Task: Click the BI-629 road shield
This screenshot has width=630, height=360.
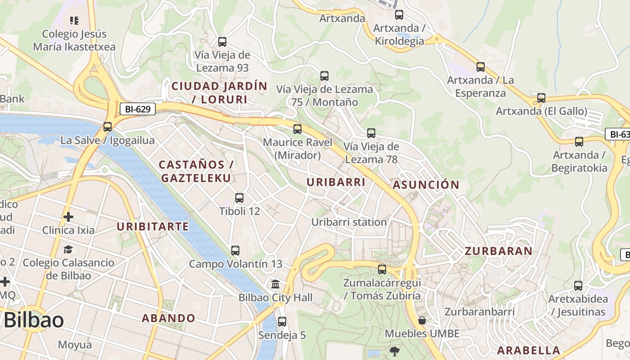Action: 138,108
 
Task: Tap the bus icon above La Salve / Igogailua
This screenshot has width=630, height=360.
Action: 107,127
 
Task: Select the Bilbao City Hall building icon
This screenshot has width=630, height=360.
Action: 275,284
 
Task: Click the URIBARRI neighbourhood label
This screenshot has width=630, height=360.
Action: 336,182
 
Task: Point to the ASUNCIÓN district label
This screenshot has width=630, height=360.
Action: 426,184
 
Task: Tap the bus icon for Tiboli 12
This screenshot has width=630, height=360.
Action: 239,198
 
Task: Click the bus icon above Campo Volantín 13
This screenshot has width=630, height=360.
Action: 235,251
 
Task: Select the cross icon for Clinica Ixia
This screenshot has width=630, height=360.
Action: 68,217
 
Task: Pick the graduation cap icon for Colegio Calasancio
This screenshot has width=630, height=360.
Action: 68,249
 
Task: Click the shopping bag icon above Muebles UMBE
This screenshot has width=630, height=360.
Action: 422,320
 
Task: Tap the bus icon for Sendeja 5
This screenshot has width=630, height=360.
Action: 282,322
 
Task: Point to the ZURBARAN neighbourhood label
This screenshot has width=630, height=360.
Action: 499,251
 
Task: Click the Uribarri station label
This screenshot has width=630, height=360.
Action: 349,222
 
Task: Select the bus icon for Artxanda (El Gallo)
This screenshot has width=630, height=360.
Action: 541,98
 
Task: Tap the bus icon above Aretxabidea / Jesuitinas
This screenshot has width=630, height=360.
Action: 578,286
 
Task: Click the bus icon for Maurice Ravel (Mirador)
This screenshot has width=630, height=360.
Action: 297,129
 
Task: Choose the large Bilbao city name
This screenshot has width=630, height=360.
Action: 33,320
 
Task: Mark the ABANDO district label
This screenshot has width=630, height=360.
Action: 169,318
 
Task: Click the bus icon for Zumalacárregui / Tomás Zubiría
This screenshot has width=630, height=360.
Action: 382,270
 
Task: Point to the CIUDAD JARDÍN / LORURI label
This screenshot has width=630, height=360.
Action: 220,92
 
